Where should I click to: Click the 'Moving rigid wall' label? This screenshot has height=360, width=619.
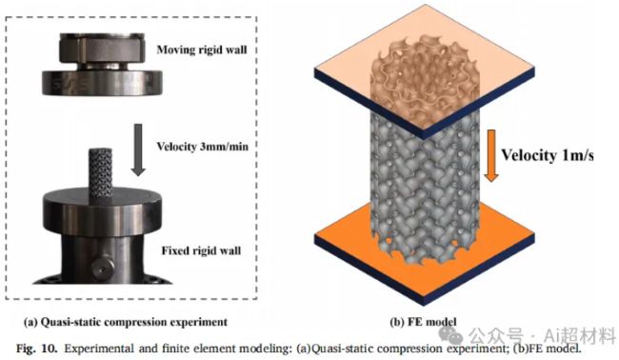202,50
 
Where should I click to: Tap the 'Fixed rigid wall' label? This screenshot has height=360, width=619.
201,250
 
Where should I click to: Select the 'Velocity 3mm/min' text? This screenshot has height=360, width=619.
203,147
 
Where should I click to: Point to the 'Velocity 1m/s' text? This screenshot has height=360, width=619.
548,155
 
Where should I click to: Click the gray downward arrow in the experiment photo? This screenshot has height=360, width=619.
138,150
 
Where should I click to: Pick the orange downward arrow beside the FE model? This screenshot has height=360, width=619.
490,156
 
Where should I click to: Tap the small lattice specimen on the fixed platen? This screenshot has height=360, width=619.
101,172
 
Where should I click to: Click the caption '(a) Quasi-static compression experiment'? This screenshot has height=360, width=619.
126,322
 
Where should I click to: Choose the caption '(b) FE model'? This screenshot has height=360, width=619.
423,322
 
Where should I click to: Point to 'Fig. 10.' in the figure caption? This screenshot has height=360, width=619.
37,349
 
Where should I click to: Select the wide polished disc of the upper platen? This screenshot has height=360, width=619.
102,82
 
